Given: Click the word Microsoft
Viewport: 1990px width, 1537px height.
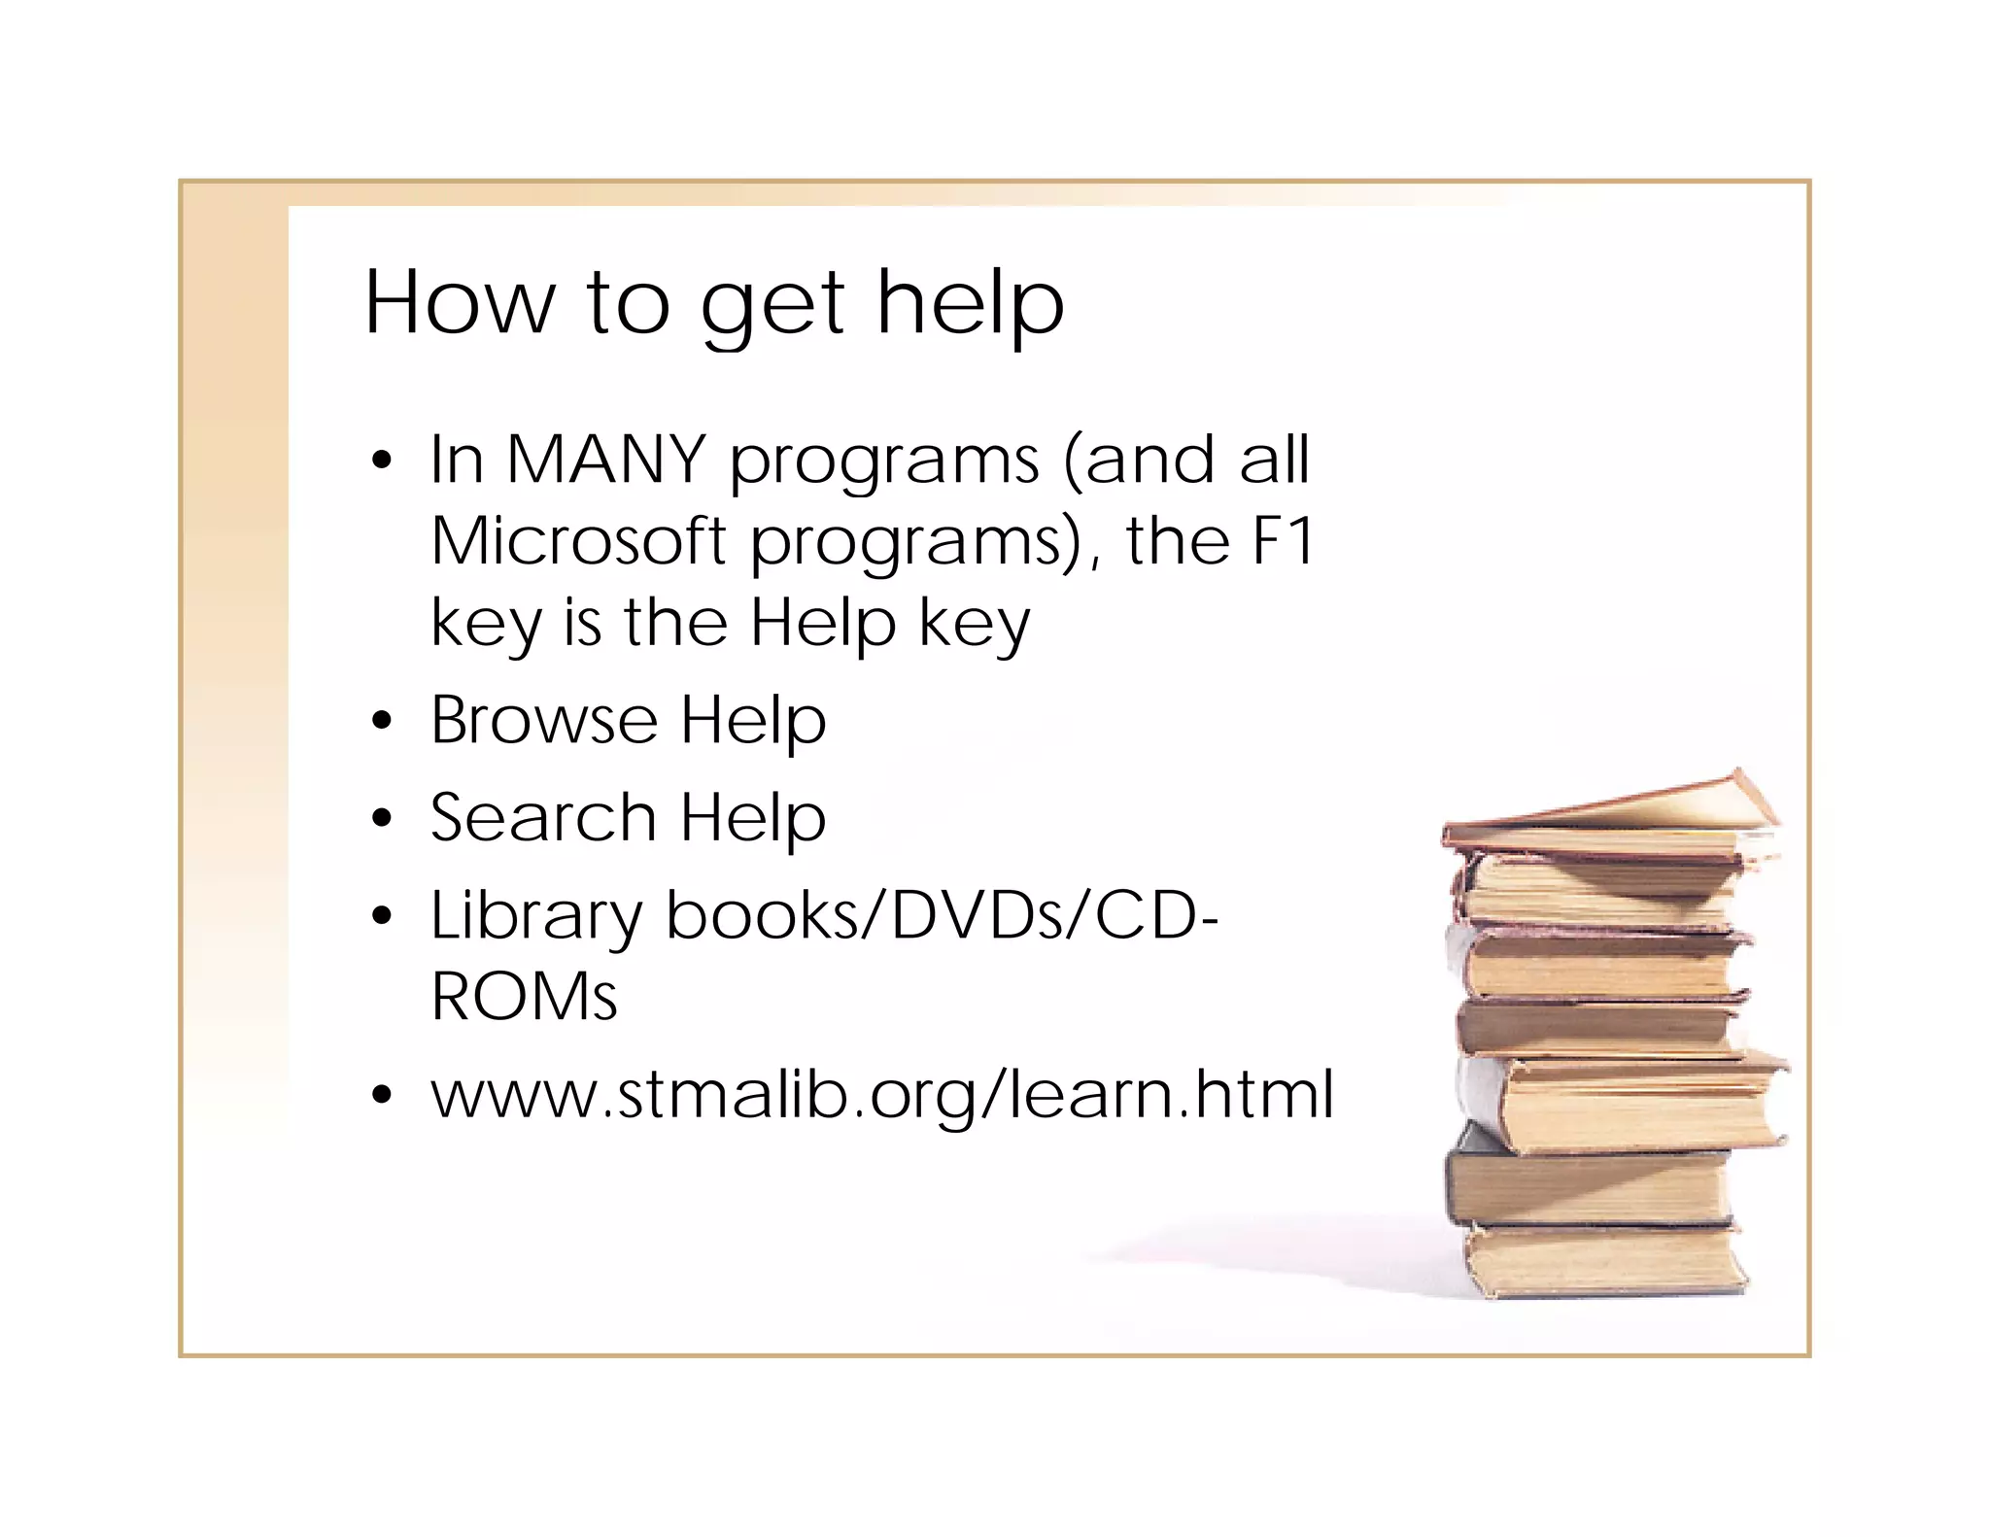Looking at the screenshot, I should coord(579,540).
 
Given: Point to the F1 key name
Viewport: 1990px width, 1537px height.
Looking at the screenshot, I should coord(1283,540).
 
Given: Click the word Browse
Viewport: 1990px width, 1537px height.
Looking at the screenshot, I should coord(544,720).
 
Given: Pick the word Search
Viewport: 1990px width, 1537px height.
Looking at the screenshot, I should coord(544,818).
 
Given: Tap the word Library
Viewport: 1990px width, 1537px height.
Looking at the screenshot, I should coord(536,916).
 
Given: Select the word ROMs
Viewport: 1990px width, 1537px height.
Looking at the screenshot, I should coord(524,997).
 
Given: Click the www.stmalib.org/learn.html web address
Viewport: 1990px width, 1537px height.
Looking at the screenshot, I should coord(882,1095).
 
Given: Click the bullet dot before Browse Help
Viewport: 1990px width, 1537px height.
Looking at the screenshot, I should coord(382,722).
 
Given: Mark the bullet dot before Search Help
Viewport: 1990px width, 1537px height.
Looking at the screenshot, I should coord(382,819).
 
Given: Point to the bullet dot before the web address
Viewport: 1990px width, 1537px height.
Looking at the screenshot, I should coord(382,1096).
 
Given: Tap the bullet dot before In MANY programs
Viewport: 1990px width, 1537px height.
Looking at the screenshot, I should coord(382,460).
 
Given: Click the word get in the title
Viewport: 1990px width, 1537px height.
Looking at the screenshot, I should coord(772,305).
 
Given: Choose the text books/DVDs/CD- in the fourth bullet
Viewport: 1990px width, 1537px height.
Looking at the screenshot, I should coord(942,916).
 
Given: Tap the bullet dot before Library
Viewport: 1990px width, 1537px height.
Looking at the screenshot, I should coord(382,916).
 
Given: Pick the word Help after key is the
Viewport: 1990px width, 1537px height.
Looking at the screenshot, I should coord(822,622).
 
